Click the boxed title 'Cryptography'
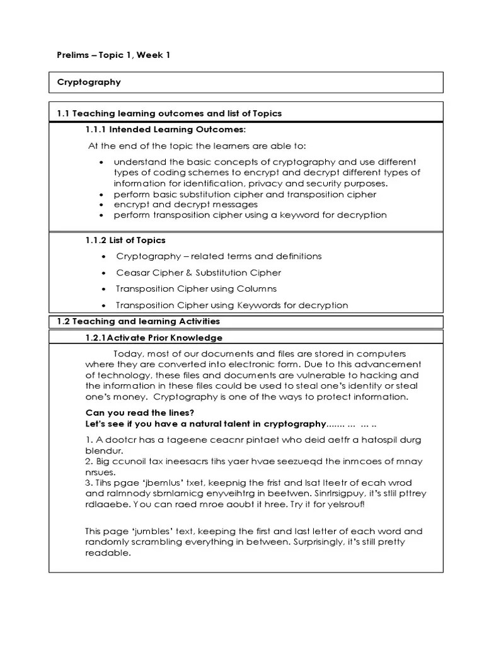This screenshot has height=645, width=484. (89, 82)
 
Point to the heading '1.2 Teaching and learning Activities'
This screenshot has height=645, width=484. (138, 321)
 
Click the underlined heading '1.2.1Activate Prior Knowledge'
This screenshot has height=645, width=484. (153, 338)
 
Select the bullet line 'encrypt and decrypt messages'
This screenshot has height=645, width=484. (186, 204)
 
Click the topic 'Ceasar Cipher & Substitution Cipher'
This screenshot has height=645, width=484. (199, 273)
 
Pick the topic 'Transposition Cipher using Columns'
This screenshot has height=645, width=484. (196, 288)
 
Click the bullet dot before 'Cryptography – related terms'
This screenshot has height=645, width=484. (103, 257)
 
